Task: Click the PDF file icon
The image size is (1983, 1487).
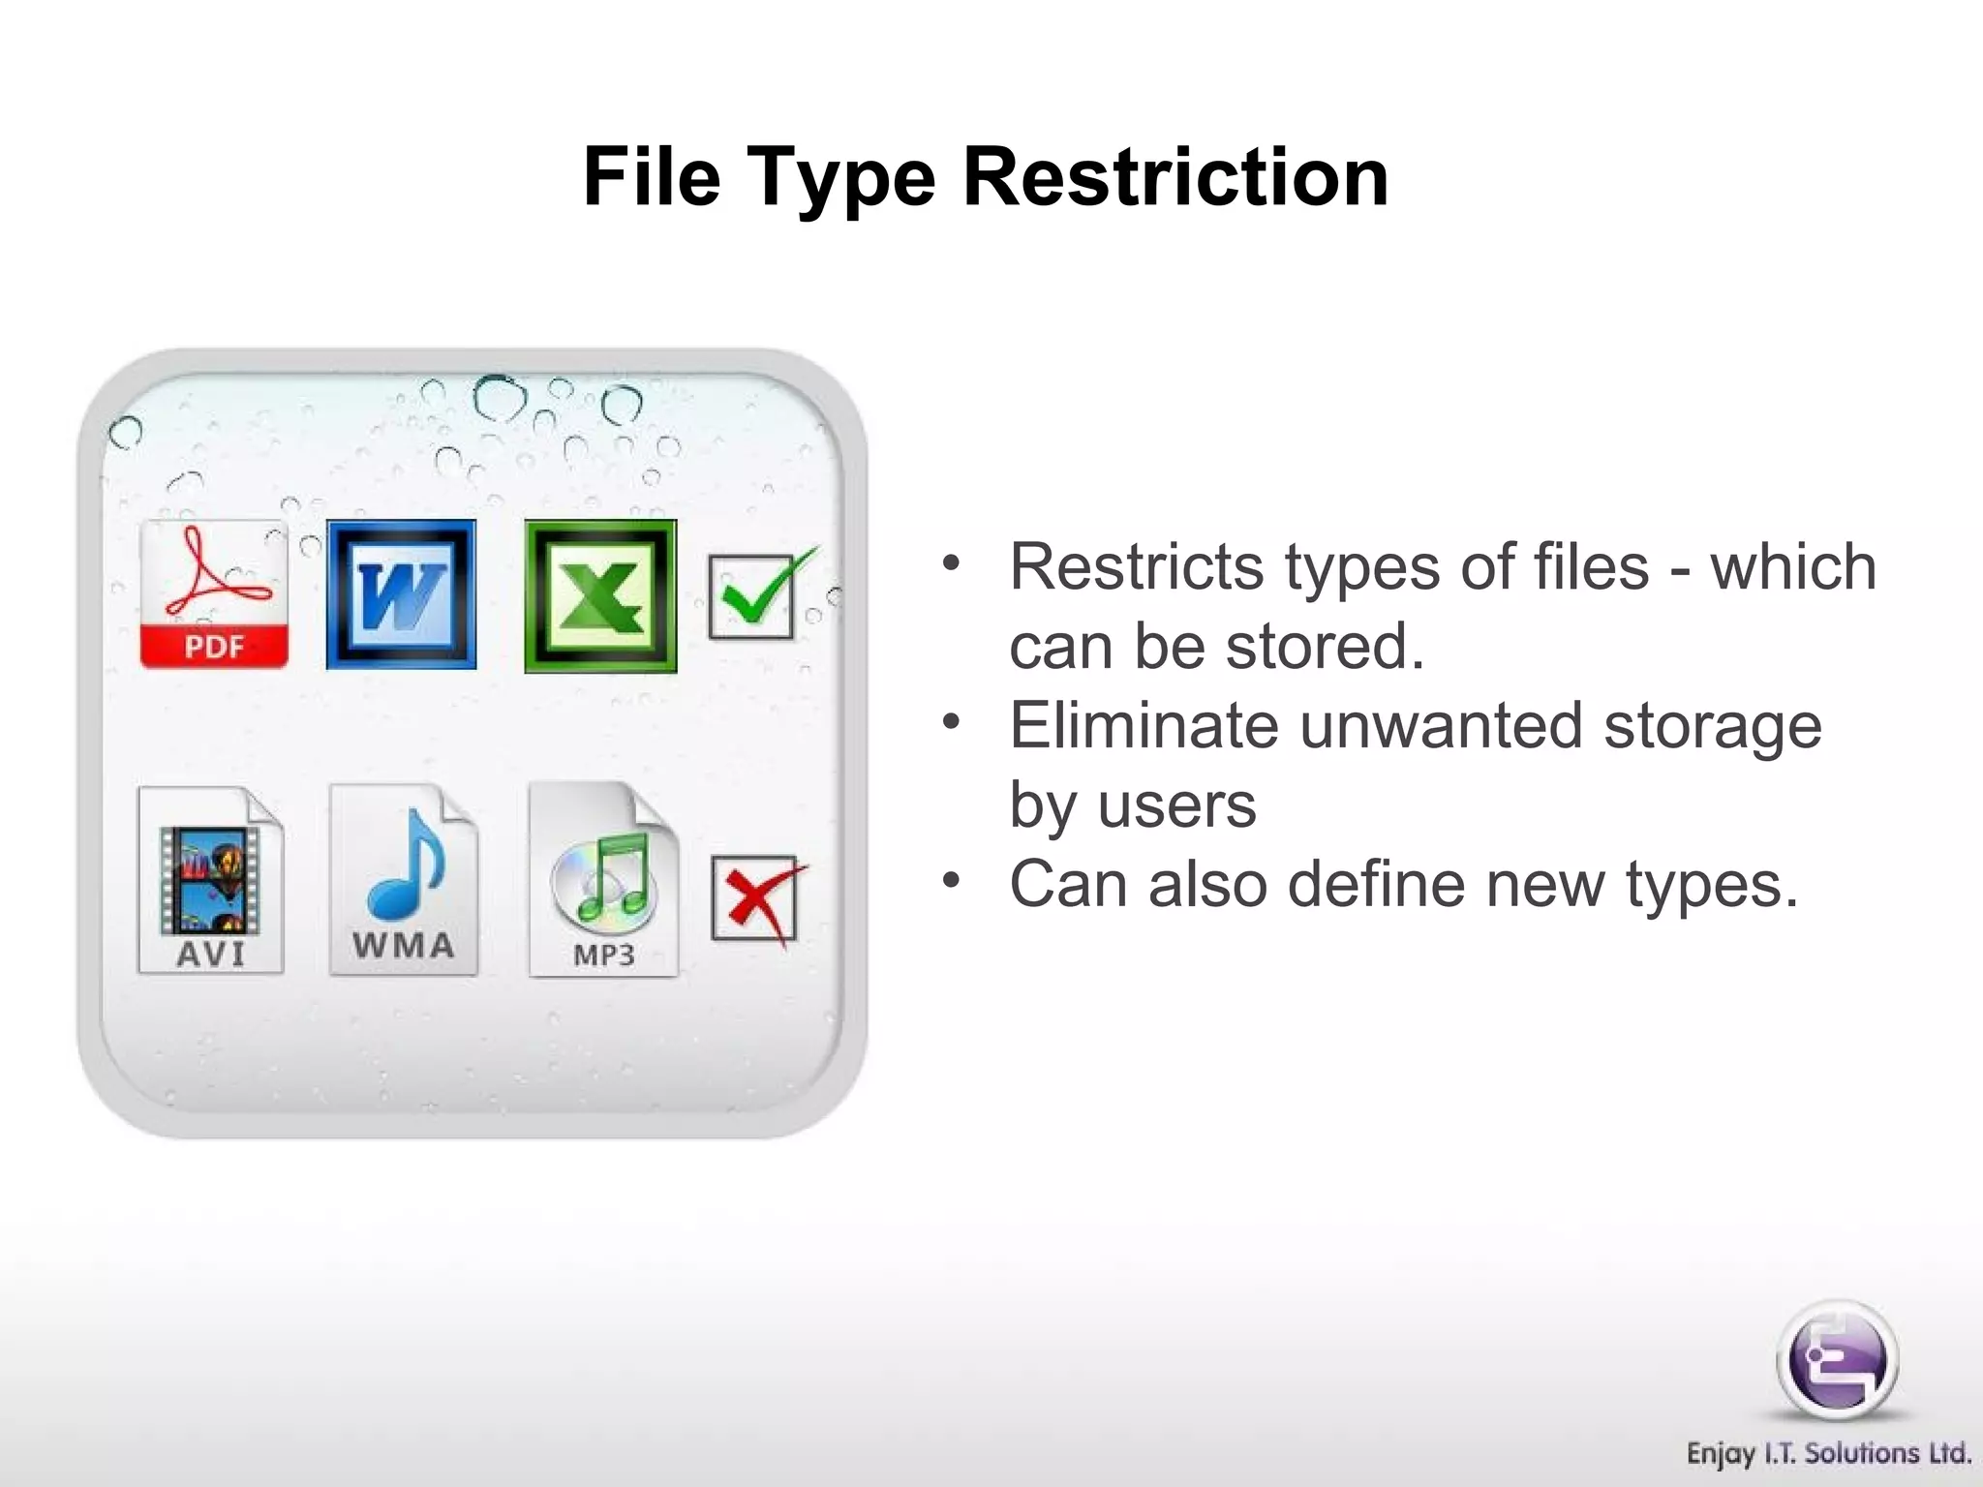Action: coord(214,594)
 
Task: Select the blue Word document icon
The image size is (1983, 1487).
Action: coord(401,594)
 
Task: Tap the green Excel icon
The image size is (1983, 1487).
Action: coord(600,595)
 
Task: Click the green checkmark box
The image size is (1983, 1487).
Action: coord(753,595)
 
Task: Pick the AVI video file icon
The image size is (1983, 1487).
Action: coord(211,879)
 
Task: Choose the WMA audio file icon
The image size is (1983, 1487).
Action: coord(404,879)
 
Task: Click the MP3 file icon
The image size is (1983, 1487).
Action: coord(604,879)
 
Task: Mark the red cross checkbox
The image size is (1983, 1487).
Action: coord(753,897)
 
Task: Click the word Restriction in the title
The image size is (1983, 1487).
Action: coord(1175,177)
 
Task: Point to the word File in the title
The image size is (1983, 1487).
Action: coord(652,177)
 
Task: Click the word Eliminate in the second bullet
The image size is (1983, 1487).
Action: coord(1144,725)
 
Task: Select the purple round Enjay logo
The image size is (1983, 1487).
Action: coord(1837,1360)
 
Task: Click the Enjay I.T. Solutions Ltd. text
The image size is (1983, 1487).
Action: coord(1828,1454)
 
